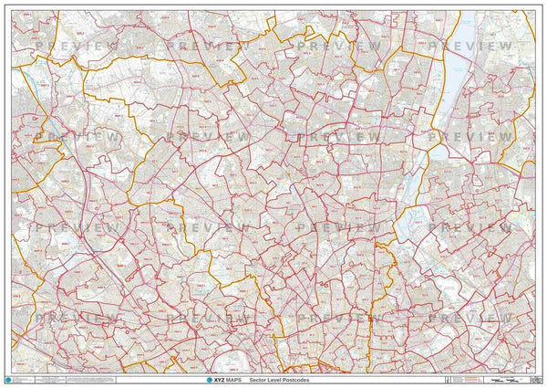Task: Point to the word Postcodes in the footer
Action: click(x=315, y=379)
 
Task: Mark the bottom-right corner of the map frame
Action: click(x=536, y=372)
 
